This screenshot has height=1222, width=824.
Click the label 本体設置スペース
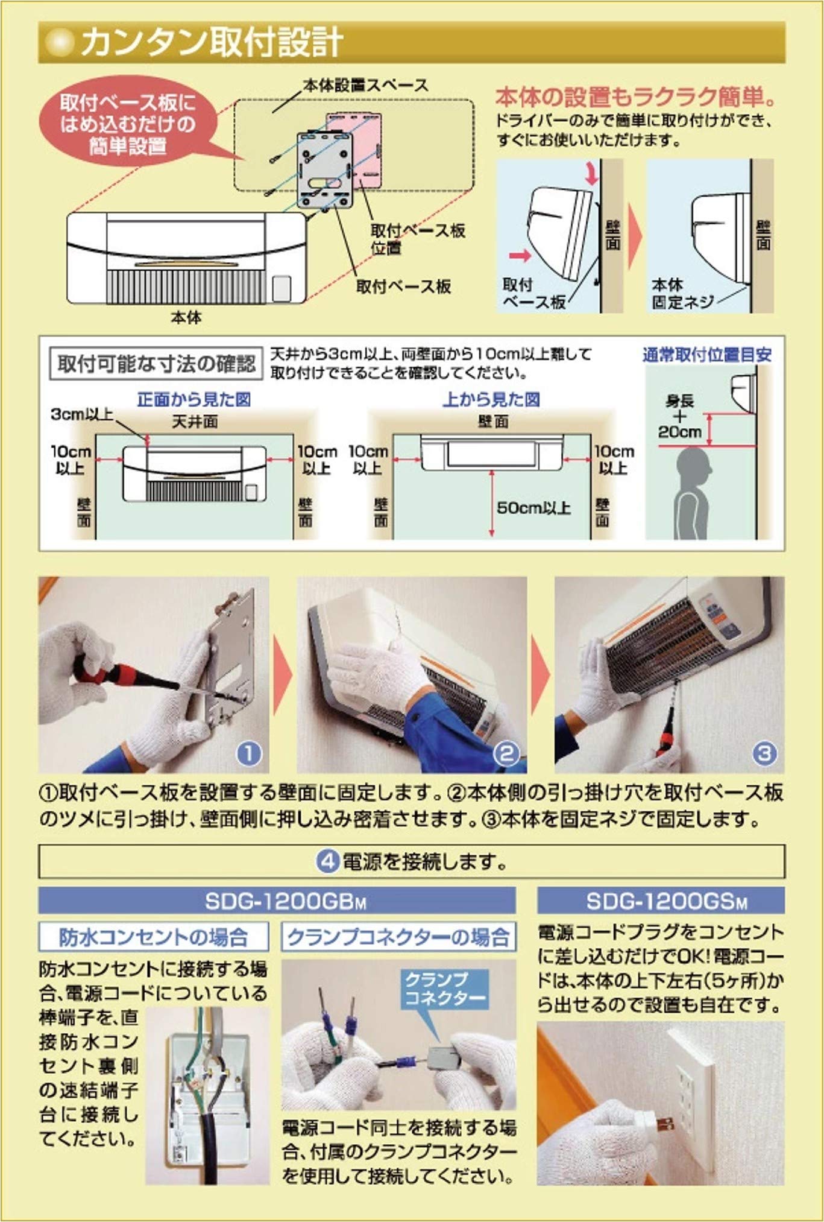365,85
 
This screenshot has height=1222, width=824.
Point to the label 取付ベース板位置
417,238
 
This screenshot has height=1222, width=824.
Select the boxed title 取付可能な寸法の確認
156,364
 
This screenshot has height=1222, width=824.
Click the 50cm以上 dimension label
533,508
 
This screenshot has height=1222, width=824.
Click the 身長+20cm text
679,416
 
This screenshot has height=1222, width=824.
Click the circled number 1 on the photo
250,753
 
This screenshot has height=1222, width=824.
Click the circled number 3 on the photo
764,753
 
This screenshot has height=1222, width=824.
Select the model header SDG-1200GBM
277,902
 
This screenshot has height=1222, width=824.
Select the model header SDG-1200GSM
661,902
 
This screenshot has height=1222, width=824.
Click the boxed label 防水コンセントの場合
154,937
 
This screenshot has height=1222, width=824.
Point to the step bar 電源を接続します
412,861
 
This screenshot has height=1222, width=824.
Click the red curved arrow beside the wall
592,174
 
